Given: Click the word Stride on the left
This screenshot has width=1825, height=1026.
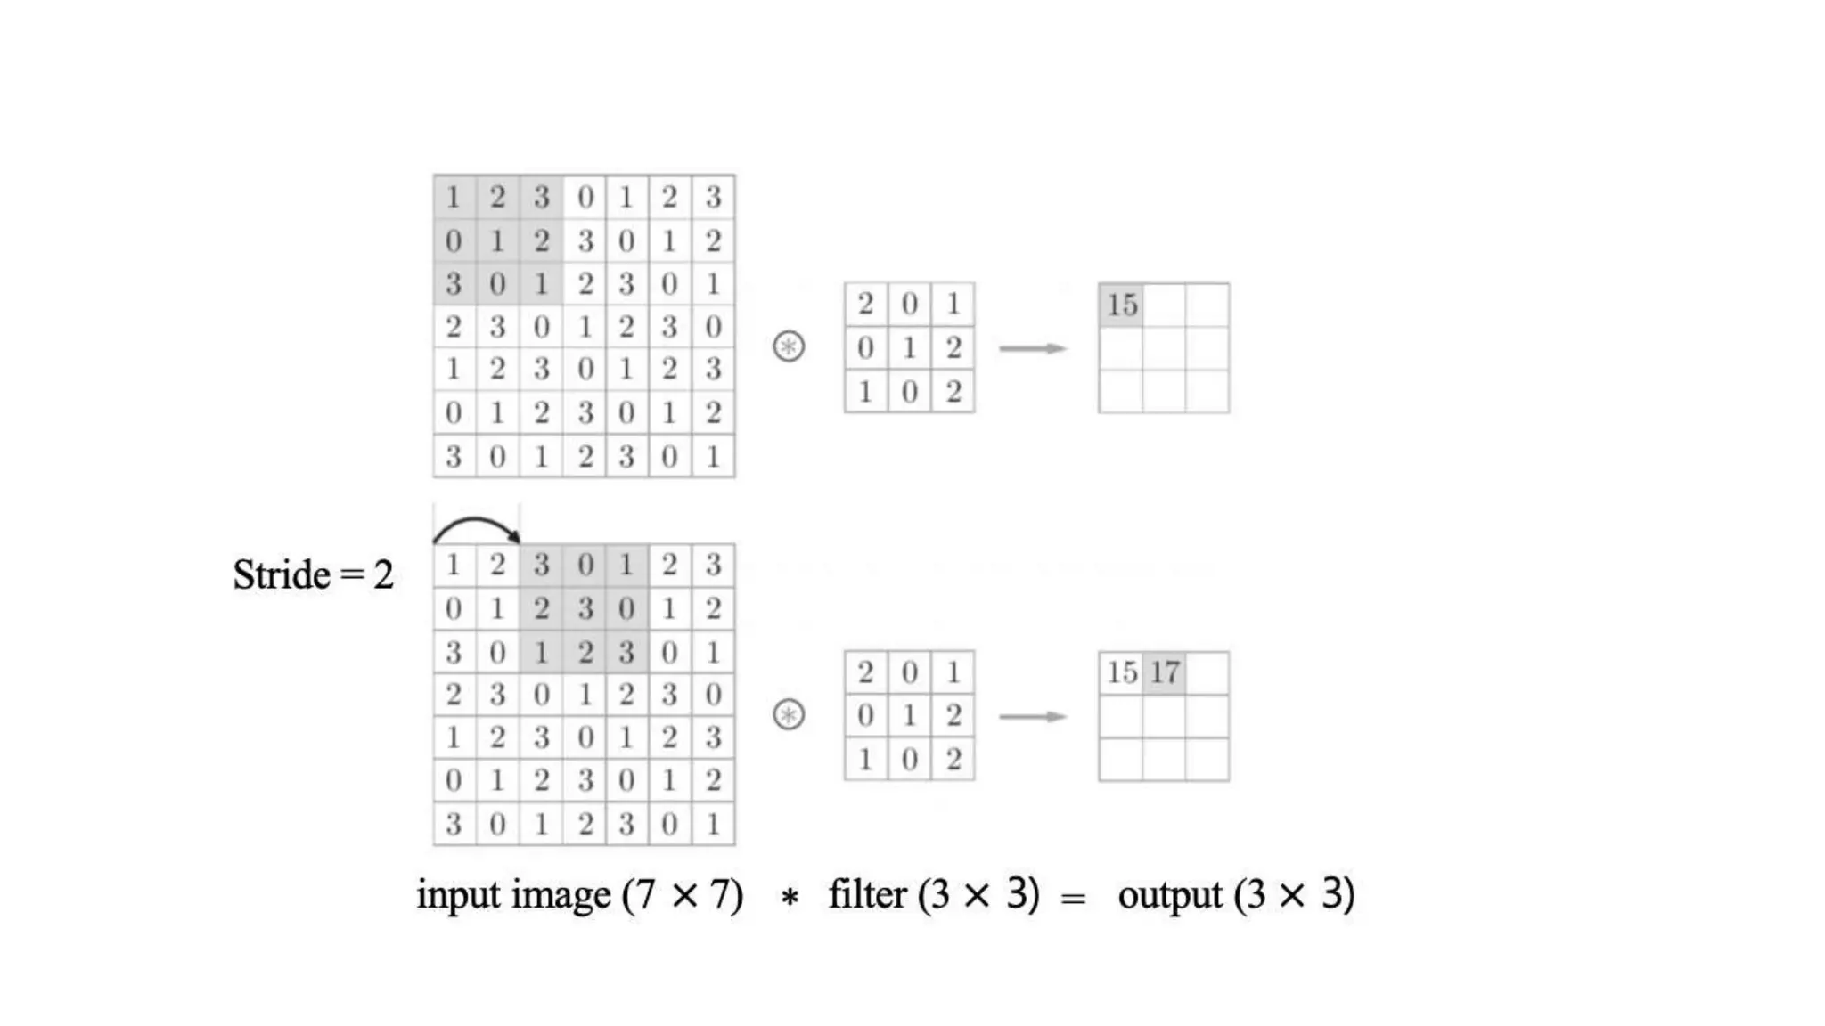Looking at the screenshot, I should [281, 574].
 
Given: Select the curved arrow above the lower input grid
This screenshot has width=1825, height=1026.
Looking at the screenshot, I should [477, 526].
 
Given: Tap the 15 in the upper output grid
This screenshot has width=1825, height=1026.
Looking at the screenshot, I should [1122, 305].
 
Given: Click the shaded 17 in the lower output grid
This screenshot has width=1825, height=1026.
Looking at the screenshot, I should [1165, 672].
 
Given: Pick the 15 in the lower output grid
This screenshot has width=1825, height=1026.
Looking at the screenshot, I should [1122, 672].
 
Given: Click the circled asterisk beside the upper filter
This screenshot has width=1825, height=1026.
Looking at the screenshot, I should [789, 346].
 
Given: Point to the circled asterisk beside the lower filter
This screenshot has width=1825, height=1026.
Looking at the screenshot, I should [789, 714].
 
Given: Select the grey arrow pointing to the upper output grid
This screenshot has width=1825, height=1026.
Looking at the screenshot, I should [1033, 348].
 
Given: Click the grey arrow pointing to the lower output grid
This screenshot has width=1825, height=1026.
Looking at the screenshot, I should [1033, 716].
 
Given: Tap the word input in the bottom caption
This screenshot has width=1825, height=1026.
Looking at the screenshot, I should [460, 895].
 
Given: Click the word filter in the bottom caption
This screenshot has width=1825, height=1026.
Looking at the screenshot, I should [867, 895].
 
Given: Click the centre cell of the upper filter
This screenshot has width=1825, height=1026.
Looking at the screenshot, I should [909, 347].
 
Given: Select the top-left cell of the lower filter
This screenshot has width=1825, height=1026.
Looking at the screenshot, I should [865, 672].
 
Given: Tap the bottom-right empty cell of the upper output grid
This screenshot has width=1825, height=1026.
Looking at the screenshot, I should [1207, 392].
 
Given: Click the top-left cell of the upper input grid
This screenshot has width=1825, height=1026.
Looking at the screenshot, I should [454, 197].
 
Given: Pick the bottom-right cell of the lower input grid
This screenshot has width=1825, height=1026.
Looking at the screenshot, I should [713, 824].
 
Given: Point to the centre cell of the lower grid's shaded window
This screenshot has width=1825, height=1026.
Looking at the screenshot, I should [585, 608].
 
